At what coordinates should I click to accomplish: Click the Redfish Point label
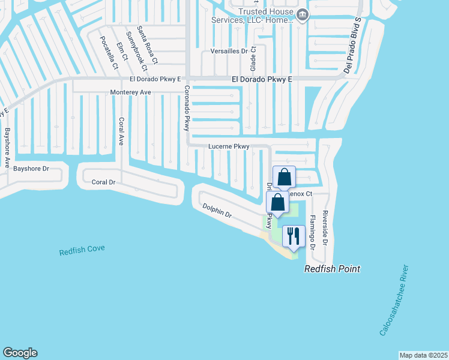(x=332, y=269)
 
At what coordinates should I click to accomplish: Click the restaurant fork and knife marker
(x=294, y=235)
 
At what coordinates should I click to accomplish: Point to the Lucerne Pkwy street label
(x=228, y=146)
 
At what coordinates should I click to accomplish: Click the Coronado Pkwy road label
(x=187, y=109)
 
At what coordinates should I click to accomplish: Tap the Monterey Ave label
(x=130, y=92)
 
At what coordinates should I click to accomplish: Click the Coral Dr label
(x=103, y=182)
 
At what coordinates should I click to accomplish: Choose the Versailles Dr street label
(x=229, y=52)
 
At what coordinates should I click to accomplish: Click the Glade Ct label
(x=253, y=56)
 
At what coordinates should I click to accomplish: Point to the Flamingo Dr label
(x=312, y=233)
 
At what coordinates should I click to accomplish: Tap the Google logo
(x=20, y=353)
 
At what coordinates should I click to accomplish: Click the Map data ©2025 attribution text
(x=423, y=355)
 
